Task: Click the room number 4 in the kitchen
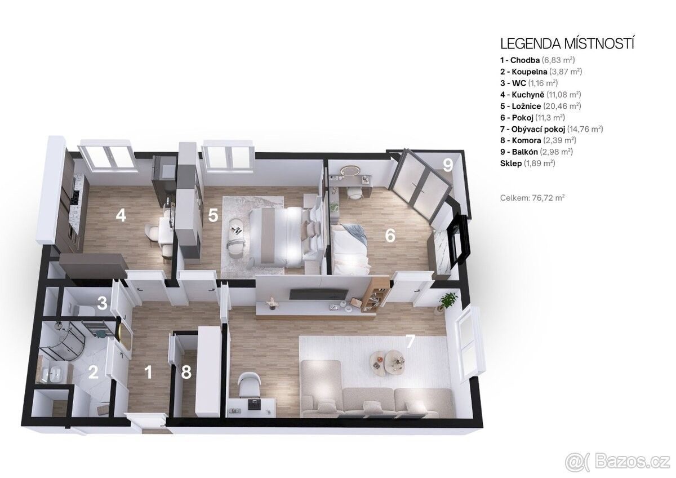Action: coord(121,215)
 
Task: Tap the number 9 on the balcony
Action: coord(448,166)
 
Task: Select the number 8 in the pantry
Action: coord(186,372)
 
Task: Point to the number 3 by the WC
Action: coord(103,303)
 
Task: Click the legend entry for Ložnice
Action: coord(540,106)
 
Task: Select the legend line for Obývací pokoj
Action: coord(552,129)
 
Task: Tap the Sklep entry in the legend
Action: coord(527,163)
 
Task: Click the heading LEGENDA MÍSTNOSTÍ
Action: coord(567,44)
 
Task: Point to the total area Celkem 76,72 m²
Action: coord(532,198)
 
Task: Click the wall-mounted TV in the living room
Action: coord(319,293)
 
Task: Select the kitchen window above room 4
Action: coord(106,157)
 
